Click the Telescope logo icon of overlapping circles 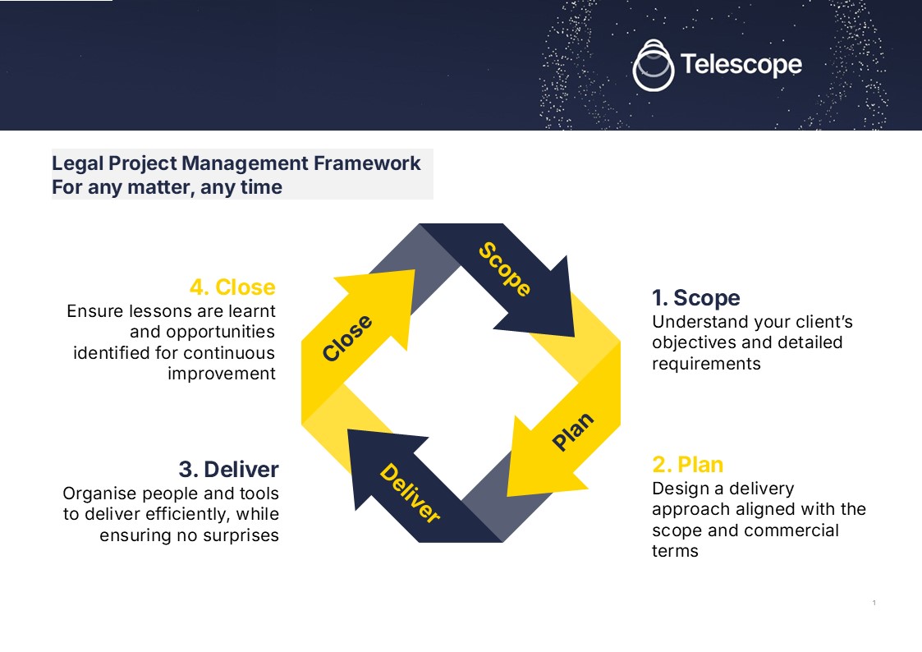(654, 65)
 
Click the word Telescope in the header (741, 64)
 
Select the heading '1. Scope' (695, 297)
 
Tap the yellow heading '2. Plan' (687, 465)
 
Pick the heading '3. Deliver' (228, 470)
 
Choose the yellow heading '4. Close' (232, 287)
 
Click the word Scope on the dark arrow (504, 269)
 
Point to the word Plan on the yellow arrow (573, 432)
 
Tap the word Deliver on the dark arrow (410, 494)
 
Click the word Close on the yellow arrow (347, 337)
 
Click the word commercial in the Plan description (787, 530)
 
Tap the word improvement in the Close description (222, 374)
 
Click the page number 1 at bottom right (874, 604)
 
